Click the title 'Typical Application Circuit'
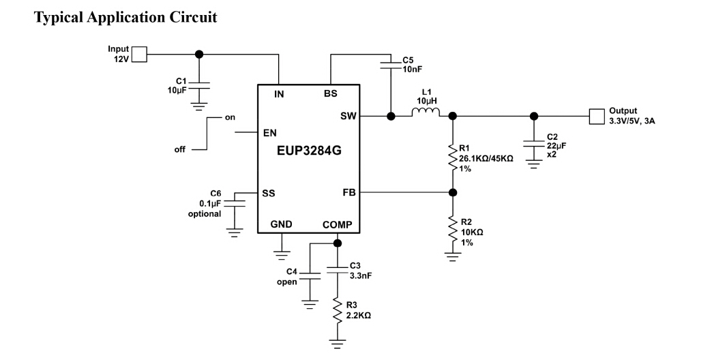125,18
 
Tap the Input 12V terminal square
139,54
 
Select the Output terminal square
597,116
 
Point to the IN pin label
279,95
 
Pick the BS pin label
330,95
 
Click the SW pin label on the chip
348,117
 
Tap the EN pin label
270,133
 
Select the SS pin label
269,193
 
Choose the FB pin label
348,193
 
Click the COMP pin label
338,224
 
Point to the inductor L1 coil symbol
426,112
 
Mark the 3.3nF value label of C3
361,275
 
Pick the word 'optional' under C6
205,214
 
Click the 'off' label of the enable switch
180,149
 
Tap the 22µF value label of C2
557,146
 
